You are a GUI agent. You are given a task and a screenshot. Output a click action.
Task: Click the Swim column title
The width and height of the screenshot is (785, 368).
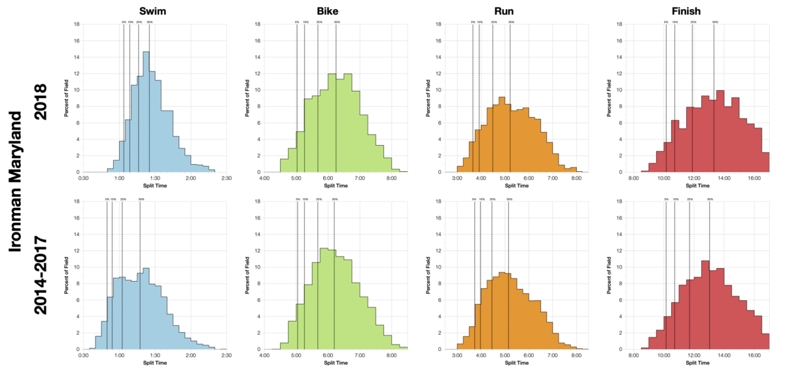point(154,10)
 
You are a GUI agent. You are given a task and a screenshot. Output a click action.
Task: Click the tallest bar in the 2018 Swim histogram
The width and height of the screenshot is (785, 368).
point(146,111)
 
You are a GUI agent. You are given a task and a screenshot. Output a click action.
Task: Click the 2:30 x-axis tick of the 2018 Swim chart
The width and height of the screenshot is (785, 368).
point(226,178)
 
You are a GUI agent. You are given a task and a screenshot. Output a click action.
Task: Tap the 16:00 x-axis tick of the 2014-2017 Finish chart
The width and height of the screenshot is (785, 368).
point(754,355)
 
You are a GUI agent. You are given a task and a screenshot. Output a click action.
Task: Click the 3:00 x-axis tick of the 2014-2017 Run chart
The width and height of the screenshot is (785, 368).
point(457,355)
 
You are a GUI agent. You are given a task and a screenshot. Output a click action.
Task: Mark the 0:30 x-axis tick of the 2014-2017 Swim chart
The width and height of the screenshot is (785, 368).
point(84,355)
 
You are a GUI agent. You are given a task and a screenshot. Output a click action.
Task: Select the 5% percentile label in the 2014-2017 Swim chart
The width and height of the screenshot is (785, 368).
point(107,199)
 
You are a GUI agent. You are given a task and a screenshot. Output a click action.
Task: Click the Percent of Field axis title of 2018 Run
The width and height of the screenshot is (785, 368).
point(428,98)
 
